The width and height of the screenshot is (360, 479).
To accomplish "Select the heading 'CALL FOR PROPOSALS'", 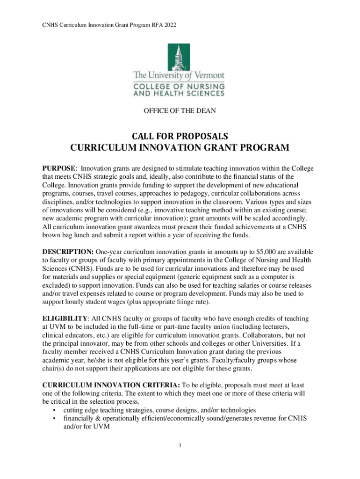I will [180, 136].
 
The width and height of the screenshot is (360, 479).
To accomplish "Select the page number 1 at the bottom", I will [180, 444].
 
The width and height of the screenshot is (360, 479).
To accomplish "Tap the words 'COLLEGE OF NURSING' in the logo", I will [179, 87].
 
